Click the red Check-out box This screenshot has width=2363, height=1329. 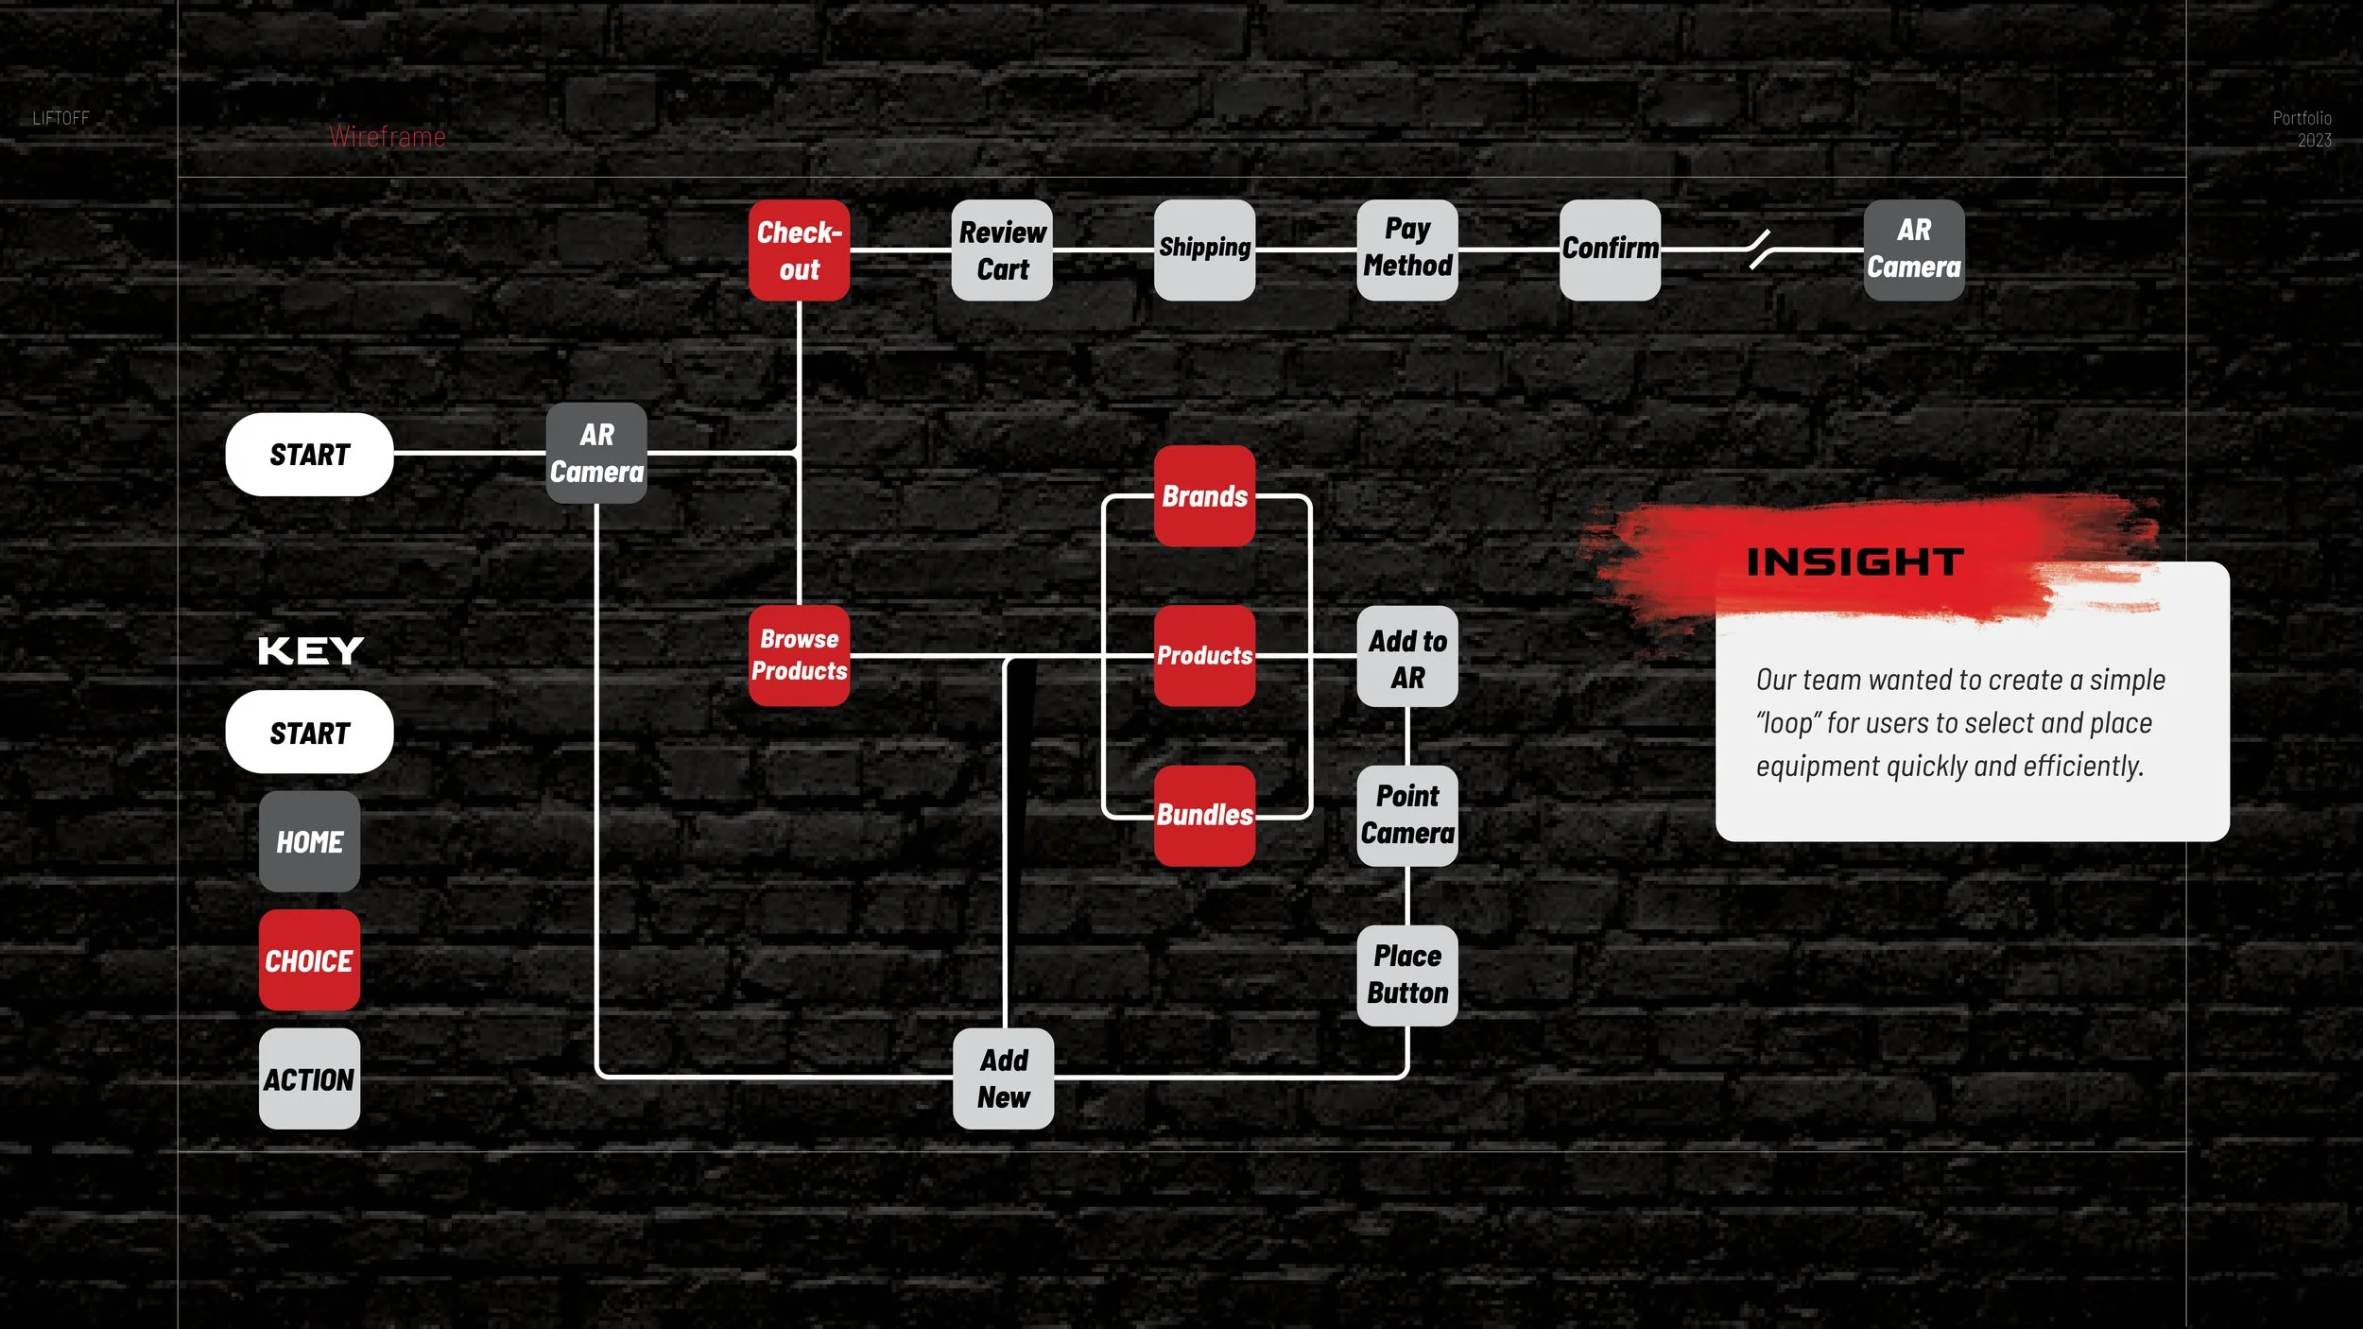[799, 250]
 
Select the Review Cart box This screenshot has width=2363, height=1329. [1002, 250]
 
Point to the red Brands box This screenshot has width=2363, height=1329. [1204, 496]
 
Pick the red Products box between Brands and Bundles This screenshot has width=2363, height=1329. [1204, 655]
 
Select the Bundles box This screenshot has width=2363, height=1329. [1204, 815]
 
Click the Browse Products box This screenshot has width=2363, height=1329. [799, 655]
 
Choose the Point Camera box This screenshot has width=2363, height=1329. [1407, 815]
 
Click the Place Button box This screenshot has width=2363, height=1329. [1407, 975]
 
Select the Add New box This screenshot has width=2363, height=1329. [1003, 1079]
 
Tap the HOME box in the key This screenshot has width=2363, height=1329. [309, 842]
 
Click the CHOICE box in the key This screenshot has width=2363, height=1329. [309, 960]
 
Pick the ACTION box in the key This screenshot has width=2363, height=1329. [309, 1079]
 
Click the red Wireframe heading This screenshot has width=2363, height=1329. [388, 137]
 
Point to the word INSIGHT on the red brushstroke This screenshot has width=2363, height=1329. [1854, 562]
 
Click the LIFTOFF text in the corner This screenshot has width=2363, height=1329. [60, 118]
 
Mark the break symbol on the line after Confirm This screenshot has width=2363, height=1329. [1759, 250]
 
